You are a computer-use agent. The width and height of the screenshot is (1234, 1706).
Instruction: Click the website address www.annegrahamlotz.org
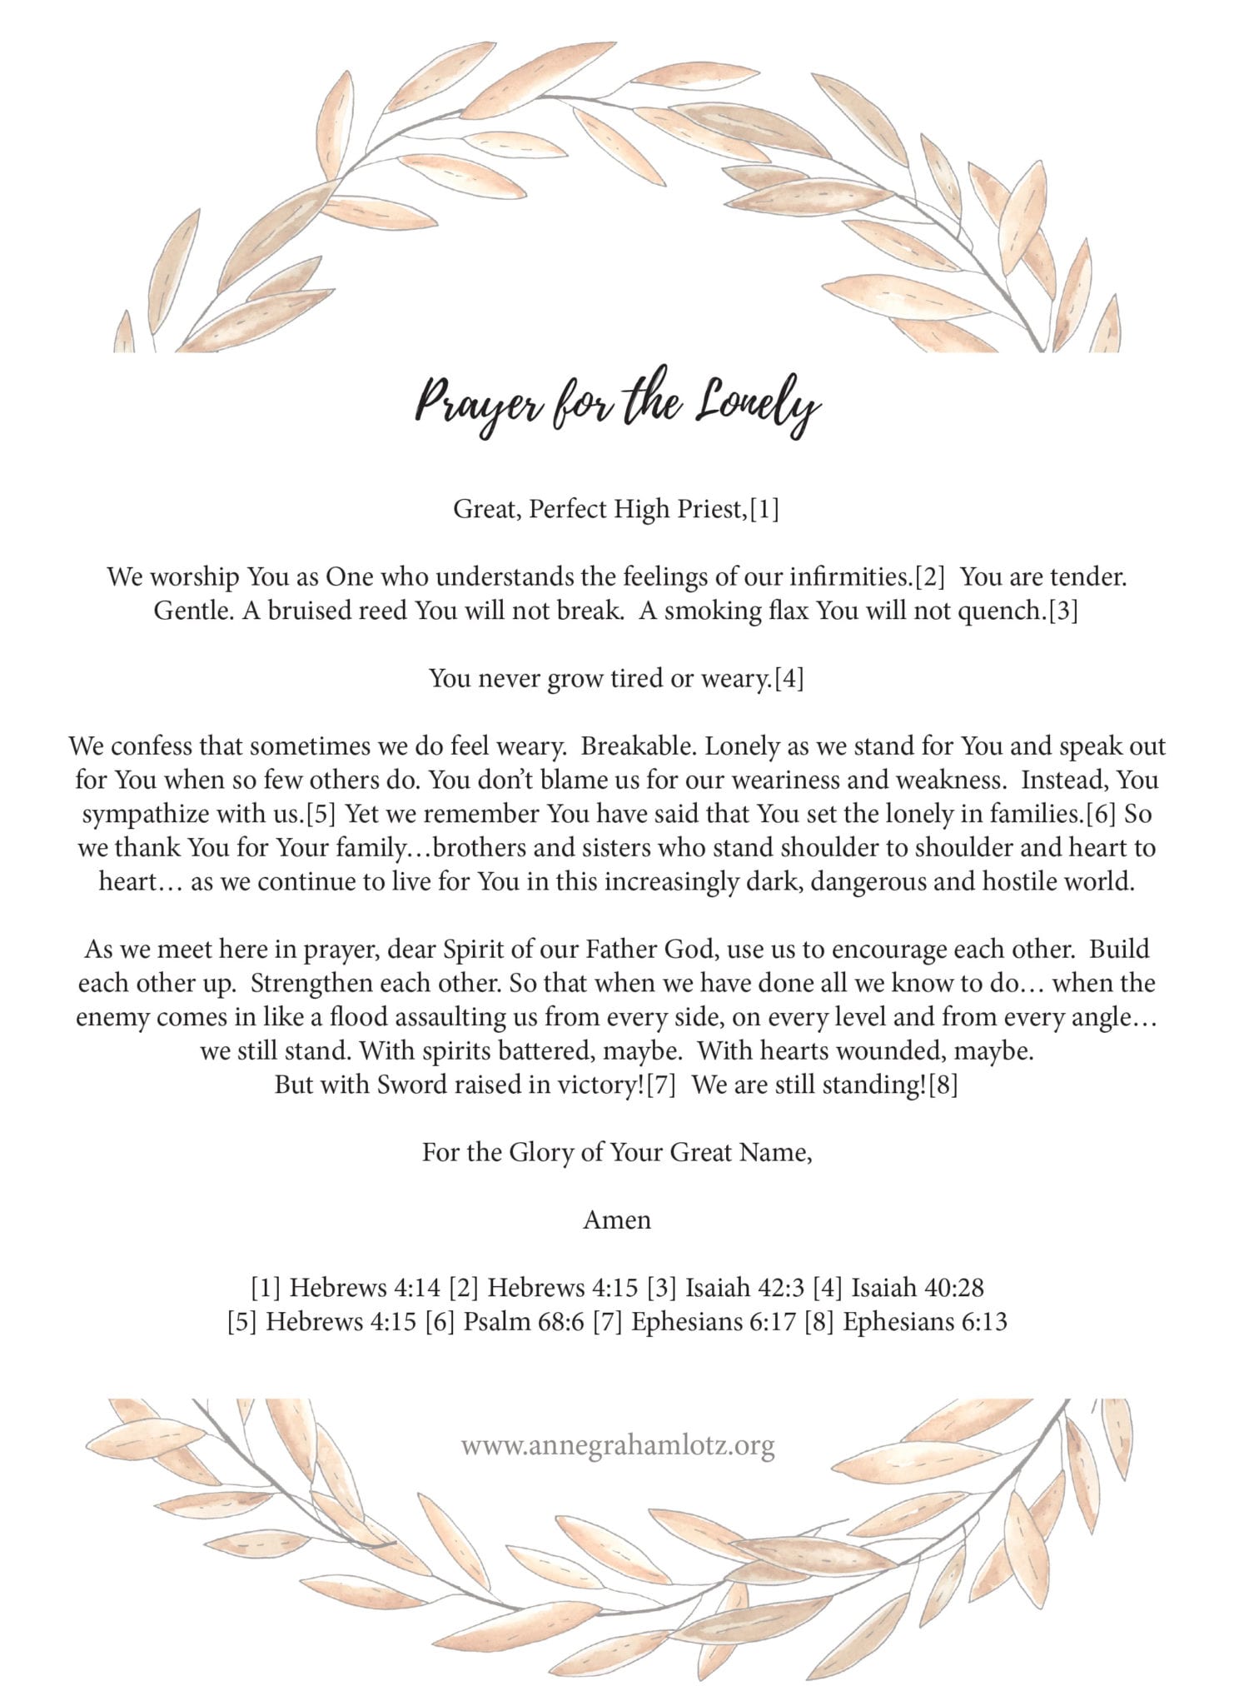click(x=618, y=1445)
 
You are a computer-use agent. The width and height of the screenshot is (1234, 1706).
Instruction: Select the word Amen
click(x=617, y=1220)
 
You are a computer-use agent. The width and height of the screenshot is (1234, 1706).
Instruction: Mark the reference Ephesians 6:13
click(x=925, y=1322)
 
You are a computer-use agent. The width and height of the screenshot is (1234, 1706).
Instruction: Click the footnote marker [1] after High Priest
click(x=764, y=509)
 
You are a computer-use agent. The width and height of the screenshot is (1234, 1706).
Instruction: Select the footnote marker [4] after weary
click(x=789, y=680)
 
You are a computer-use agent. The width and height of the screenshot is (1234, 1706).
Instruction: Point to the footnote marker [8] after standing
click(x=943, y=1086)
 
